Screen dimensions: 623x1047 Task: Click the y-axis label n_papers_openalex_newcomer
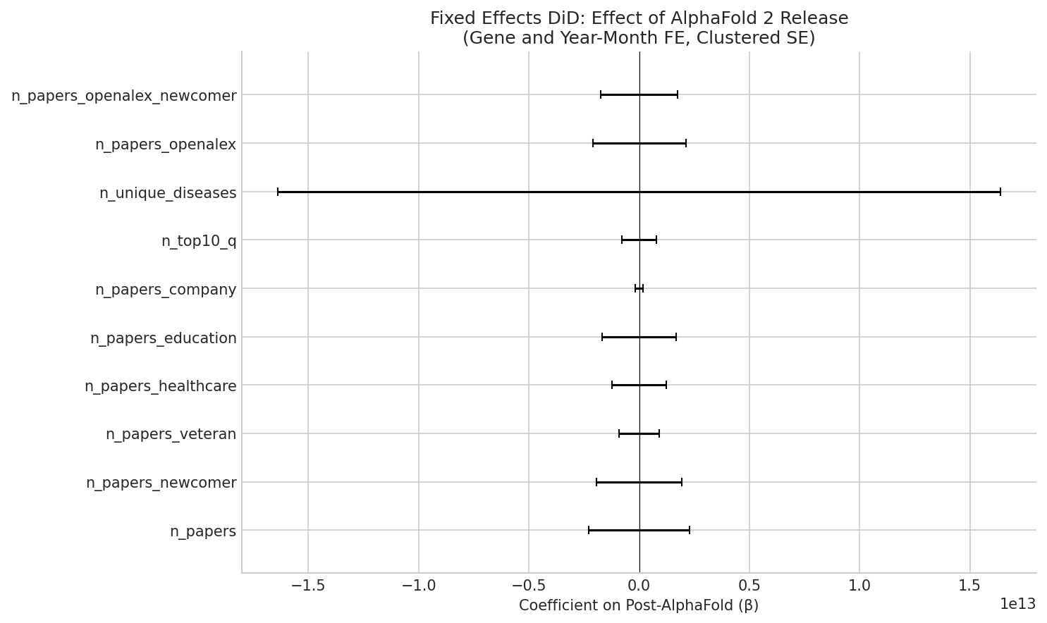[x=123, y=96]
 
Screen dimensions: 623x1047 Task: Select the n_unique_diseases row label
[x=168, y=193]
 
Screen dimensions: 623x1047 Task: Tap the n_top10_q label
[x=199, y=242]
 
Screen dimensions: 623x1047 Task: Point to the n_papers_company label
[x=166, y=290]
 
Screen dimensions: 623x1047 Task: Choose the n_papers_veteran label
[x=171, y=434]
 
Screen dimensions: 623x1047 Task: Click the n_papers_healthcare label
[x=160, y=386]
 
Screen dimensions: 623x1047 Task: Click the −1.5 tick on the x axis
[x=308, y=586]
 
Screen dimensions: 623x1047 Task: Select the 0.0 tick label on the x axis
[x=639, y=586]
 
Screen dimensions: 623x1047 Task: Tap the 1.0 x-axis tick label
[x=859, y=586]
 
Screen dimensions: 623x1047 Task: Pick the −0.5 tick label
[x=529, y=586]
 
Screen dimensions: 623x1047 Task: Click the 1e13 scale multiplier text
[x=1017, y=604]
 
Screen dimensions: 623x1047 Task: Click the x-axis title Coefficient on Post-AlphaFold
[x=638, y=605]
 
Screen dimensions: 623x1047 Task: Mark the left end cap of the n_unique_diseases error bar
[x=278, y=192]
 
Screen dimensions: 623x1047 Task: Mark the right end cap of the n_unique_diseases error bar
[x=1000, y=192]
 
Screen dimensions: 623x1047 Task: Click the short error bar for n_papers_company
[x=639, y=288]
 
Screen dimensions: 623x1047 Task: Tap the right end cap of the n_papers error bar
[x=690, y=530]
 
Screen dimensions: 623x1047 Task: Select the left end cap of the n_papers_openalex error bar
[x=593, y=143]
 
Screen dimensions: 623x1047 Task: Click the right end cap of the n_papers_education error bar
[x=676, y=337]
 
